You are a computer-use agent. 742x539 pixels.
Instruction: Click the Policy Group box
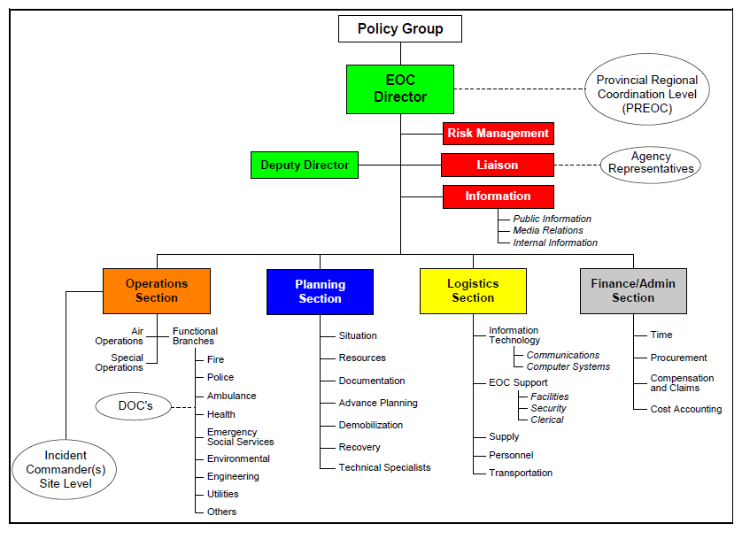pos(399,29)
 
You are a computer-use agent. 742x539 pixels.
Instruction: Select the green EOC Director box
pos(399,89)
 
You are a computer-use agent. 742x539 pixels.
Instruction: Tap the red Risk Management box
pos(498,134)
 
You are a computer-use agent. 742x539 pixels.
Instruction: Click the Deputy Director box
pos(305,166)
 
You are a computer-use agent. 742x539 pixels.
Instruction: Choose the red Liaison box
pos(498,166)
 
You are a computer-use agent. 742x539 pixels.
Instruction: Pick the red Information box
pos(498,196)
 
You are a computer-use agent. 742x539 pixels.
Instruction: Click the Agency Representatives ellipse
pos(651,163)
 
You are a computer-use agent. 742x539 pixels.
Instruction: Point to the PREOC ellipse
pos(646,94)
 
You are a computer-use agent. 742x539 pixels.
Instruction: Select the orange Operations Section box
pos(157,291)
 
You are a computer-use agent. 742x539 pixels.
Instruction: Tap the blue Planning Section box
pos(320,292)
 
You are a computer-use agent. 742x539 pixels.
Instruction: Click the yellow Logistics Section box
pos(473,291)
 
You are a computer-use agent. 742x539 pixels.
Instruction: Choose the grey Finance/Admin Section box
pos(633,291)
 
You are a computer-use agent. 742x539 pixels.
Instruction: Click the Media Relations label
pos(548,230)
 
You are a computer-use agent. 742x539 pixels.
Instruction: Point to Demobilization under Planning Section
pos(370,425)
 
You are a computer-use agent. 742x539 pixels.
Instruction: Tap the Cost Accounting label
pos(685,409)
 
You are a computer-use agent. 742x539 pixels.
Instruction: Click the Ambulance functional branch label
pos(231,396)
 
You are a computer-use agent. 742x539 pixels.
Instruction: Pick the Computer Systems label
pos(568,366)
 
